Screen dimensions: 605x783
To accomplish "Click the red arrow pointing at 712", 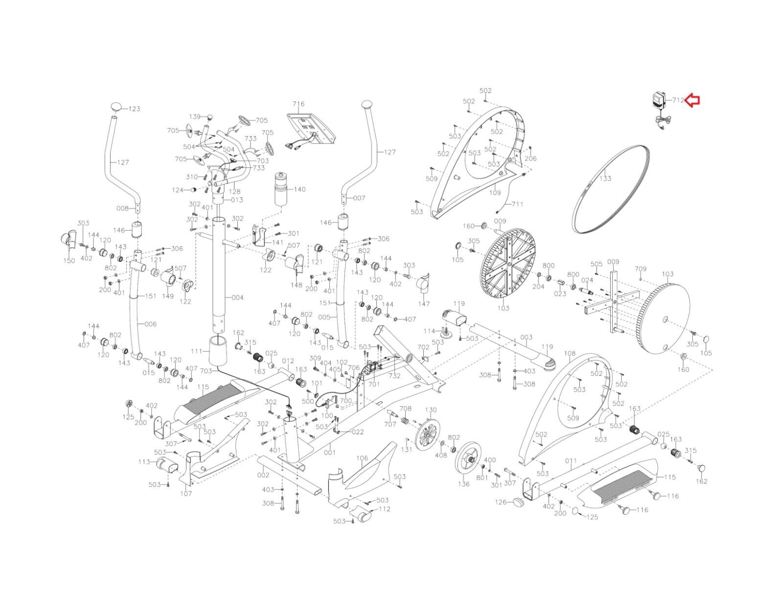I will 693,100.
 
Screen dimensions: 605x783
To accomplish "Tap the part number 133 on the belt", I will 605,178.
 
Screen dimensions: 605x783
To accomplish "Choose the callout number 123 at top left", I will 134,109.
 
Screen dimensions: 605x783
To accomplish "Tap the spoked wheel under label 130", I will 427,434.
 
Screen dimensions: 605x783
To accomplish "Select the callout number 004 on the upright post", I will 237,298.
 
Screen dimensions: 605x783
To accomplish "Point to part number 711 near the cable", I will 517,204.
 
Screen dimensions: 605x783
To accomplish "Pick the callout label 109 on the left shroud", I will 495,193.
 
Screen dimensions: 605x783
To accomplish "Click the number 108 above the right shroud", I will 570,353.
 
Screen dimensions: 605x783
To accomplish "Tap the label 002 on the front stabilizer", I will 263,475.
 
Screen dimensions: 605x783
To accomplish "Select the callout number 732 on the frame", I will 394,376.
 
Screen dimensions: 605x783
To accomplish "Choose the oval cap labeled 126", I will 517,501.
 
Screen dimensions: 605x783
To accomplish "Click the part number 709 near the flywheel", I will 641,269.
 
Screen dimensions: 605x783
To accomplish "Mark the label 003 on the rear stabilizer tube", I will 526,338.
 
